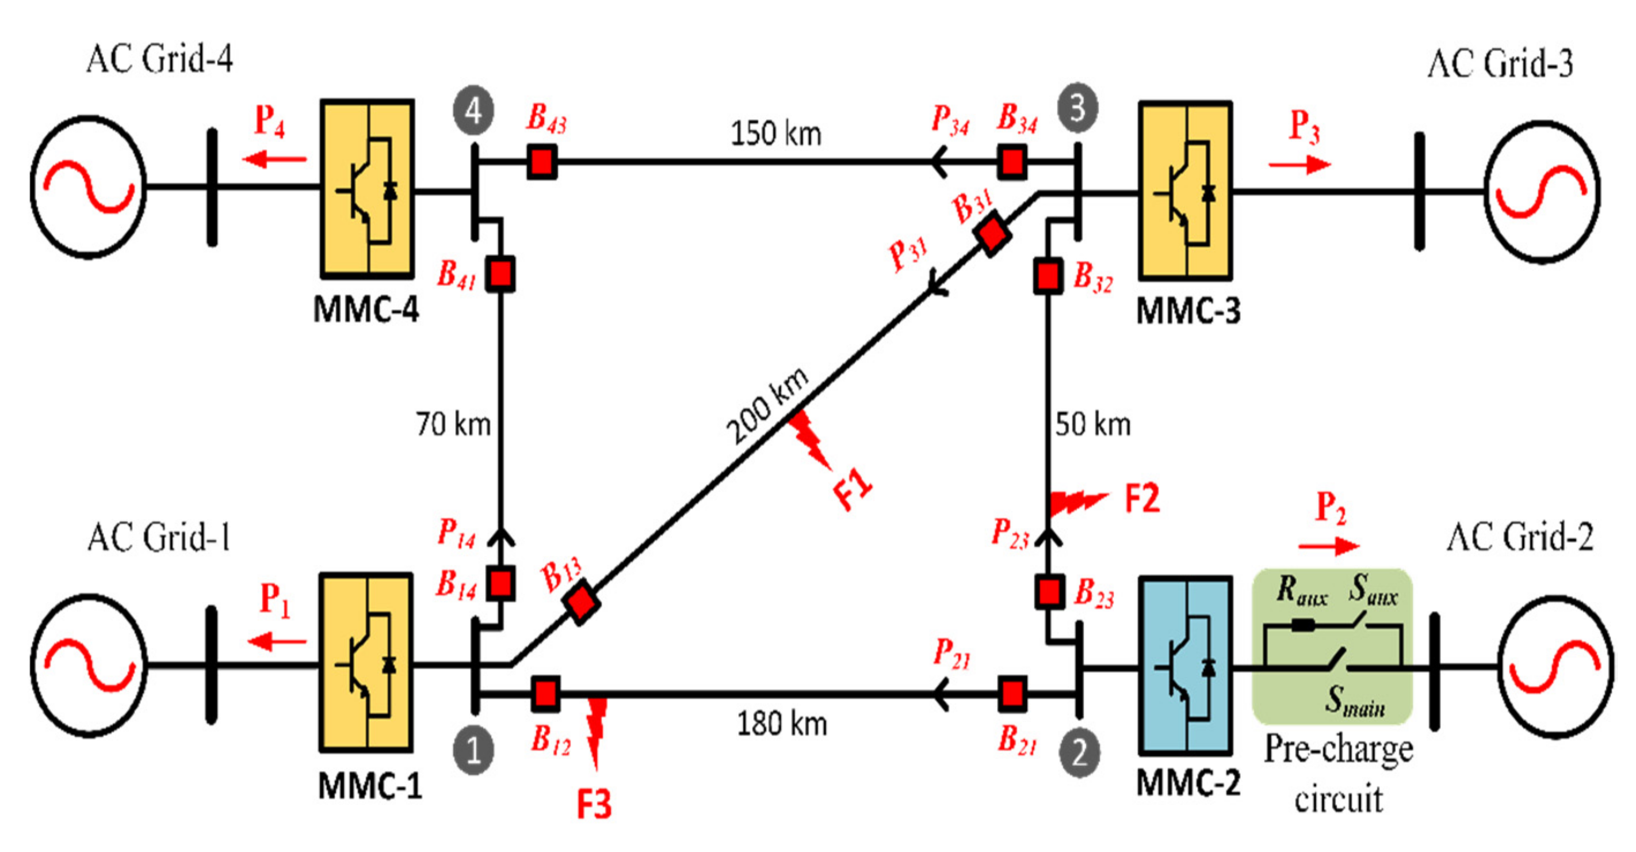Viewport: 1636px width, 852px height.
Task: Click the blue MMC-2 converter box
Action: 1185,666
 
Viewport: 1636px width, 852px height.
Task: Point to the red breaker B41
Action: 500,274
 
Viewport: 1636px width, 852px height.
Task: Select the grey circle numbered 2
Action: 1079,754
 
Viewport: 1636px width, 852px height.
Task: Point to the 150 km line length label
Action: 775,134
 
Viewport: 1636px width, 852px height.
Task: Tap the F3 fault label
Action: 594,804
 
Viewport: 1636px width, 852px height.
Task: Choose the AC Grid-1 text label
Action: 159,538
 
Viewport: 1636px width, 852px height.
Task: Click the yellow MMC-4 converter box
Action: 367,189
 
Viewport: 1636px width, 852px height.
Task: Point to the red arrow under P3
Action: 1299,165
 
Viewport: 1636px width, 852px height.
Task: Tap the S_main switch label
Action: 1355,700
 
